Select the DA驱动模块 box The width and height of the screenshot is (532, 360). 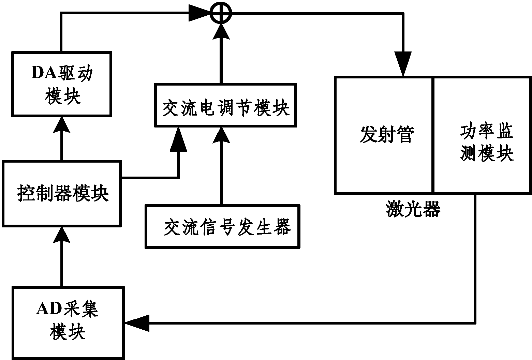coord(62,84)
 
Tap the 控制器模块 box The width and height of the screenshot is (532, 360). coord(62,194)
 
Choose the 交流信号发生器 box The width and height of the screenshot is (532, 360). coord(223,226)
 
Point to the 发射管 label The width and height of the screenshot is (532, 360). coord(386,134)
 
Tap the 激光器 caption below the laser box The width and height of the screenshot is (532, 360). coord(413,209)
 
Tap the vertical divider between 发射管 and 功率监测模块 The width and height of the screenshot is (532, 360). coord(433,135)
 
